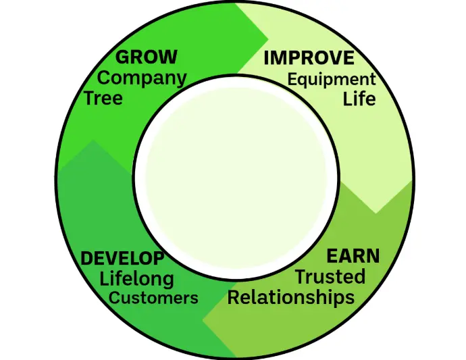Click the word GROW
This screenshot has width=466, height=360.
click(x=147, y=57)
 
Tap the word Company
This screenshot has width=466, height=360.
click(x=142, y=78)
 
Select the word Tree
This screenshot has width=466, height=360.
click(x=103, y=99)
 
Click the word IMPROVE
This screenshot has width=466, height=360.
click(x=309, y=58)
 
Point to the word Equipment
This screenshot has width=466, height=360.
click(x=332, y=79)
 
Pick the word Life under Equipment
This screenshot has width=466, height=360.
click(x=359, y=99)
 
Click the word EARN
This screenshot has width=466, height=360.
click(x=353, y=257)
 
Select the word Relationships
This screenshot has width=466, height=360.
click(x=290, y=297)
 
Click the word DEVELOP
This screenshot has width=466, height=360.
click(x=122, y=259)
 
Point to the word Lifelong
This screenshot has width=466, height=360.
click(x=136, y=278)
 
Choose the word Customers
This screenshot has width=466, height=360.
click(x=154, y=298)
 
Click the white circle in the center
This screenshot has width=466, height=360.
click(x=232, y=180)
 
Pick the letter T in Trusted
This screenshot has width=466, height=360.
click(x=300, y=276)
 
